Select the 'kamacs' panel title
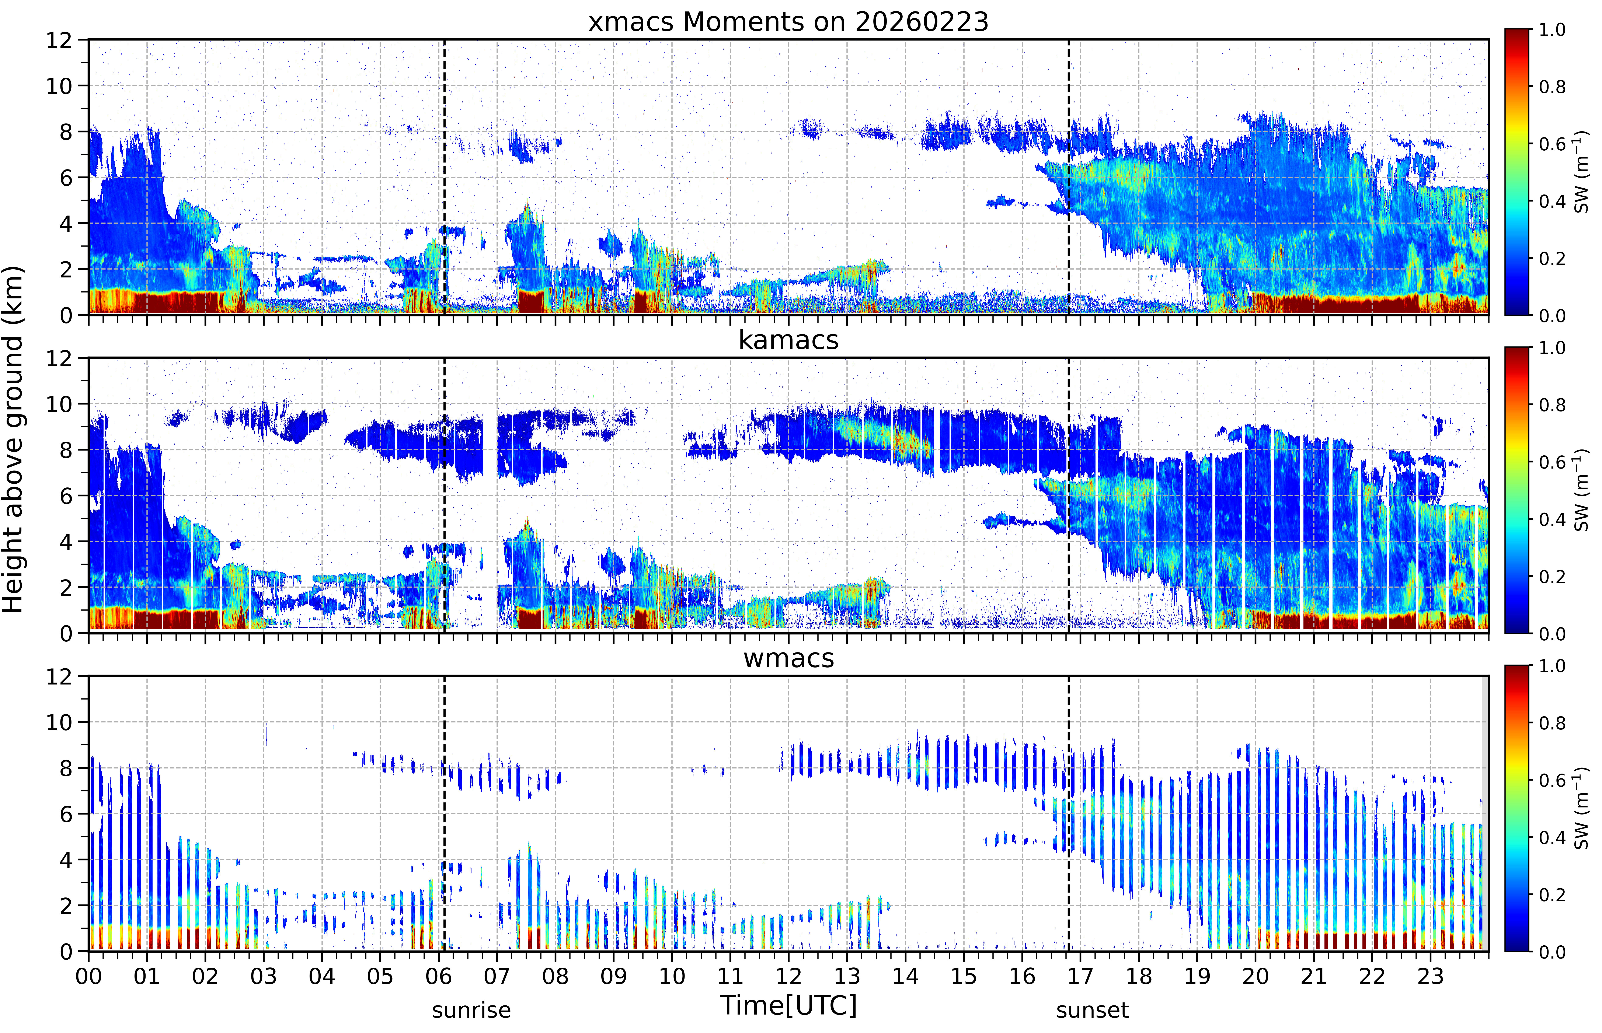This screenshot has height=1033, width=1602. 788,340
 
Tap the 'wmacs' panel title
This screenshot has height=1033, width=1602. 788,658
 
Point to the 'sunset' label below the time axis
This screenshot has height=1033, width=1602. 1092,1009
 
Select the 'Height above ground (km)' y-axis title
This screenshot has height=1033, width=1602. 13,439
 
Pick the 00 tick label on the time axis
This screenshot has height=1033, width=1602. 88,976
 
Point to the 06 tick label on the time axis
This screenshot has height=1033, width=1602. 439,976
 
